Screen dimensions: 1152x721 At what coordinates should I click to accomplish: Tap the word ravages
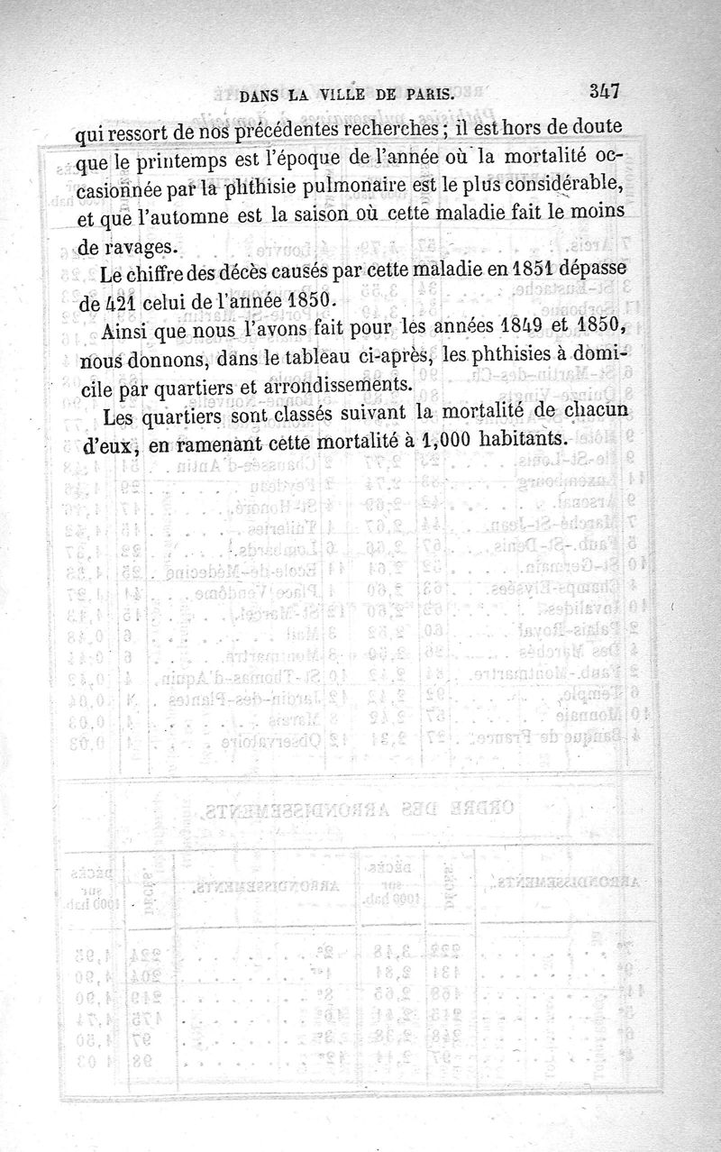(136, 244)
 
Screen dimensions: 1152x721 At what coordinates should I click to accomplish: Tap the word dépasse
(586, 271)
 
